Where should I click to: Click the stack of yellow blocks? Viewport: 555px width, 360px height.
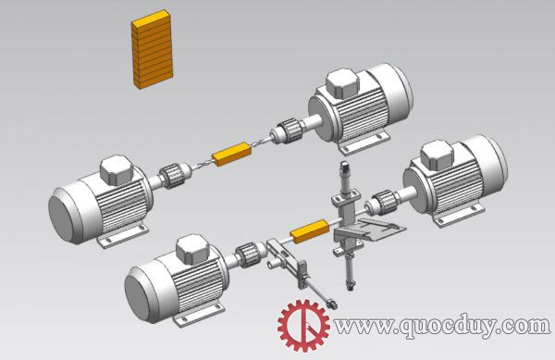153,49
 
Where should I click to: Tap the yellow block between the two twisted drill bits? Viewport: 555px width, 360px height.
231,154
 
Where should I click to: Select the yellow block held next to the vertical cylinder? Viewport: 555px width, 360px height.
310,231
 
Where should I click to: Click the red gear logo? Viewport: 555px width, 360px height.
303,326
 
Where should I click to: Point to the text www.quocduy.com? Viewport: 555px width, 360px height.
442,326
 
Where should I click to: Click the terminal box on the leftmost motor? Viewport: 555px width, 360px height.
117,170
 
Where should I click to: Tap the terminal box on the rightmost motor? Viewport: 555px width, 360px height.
437,155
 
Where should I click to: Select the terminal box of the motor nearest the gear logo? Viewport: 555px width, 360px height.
193,250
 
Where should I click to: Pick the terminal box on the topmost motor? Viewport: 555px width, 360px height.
342,83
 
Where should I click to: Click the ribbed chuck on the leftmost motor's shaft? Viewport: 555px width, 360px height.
172,176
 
